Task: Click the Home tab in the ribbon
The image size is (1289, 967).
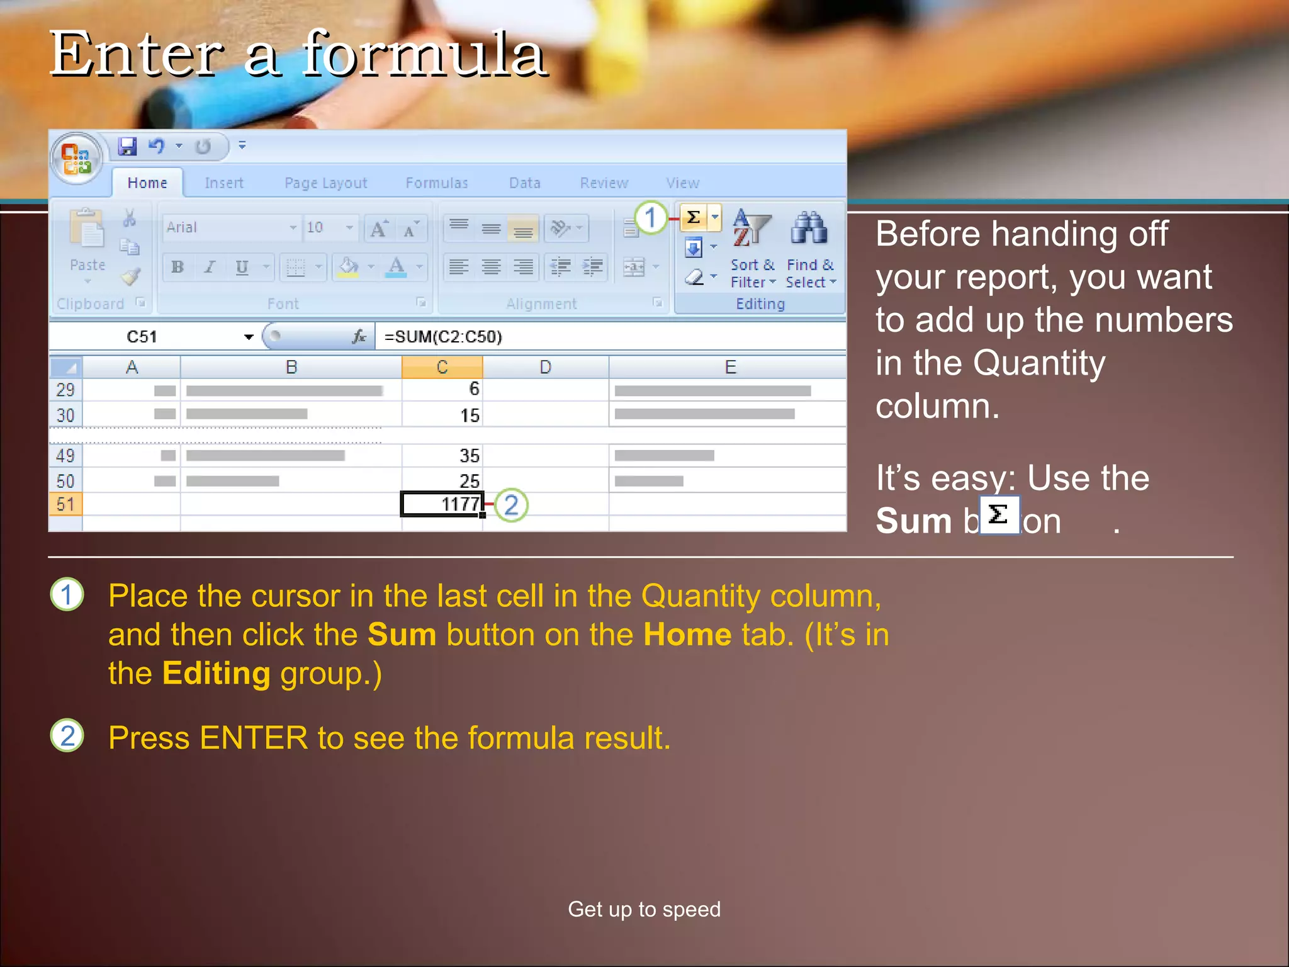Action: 147,183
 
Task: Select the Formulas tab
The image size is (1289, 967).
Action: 437,183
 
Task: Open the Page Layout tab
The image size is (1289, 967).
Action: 325,183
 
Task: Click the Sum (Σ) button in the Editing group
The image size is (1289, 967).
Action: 694,218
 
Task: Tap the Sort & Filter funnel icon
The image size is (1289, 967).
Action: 752,229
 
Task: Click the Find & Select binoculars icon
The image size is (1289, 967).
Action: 809,229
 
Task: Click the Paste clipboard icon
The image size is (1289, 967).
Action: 87,230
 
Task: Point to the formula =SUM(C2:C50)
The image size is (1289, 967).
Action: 443,337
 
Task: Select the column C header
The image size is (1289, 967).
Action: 442,367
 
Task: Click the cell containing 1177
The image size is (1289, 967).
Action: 442,504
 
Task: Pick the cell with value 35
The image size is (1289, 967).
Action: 442,455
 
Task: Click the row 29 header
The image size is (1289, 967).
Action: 65,390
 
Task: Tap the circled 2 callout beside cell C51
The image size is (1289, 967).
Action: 511,505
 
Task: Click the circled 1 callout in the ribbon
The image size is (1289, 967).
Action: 651,218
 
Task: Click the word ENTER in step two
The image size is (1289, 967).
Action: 254,738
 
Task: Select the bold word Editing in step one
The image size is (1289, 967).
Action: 216,674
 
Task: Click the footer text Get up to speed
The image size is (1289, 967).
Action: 644,909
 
